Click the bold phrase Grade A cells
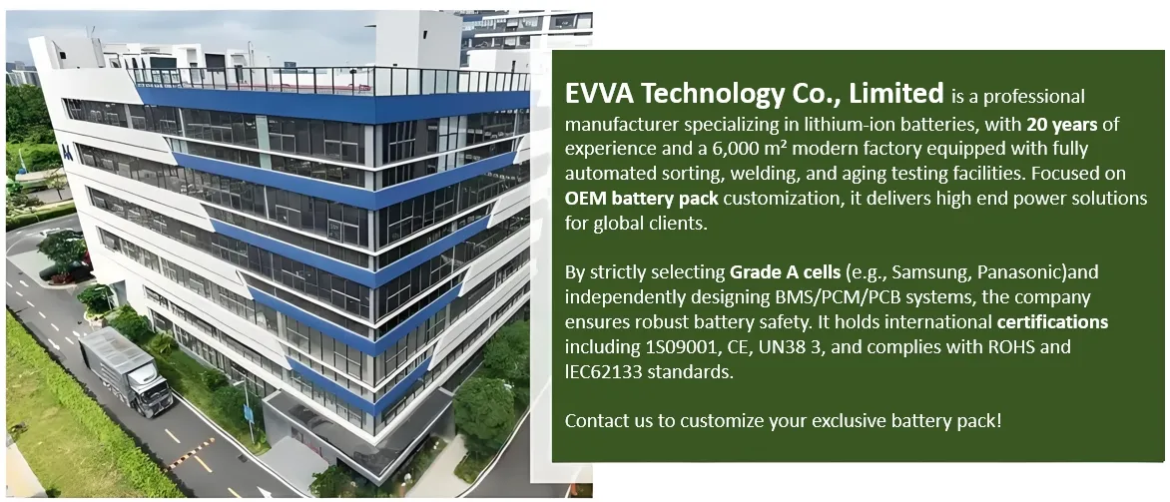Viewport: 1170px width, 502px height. pyautogui.click(x=786, y=271)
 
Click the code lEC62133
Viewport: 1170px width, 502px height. pyautogui.click(x=609, y=371)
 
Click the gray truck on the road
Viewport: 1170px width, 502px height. pyautogui.click(x=125, y=368)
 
